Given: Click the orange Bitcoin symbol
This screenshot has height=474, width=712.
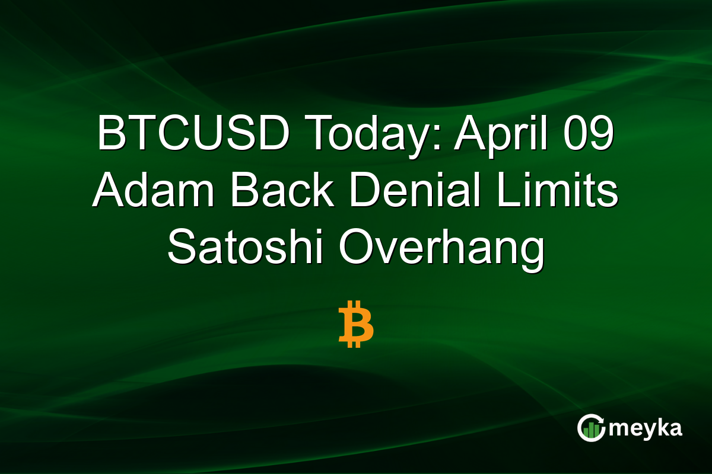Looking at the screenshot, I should (x=356, y=325).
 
